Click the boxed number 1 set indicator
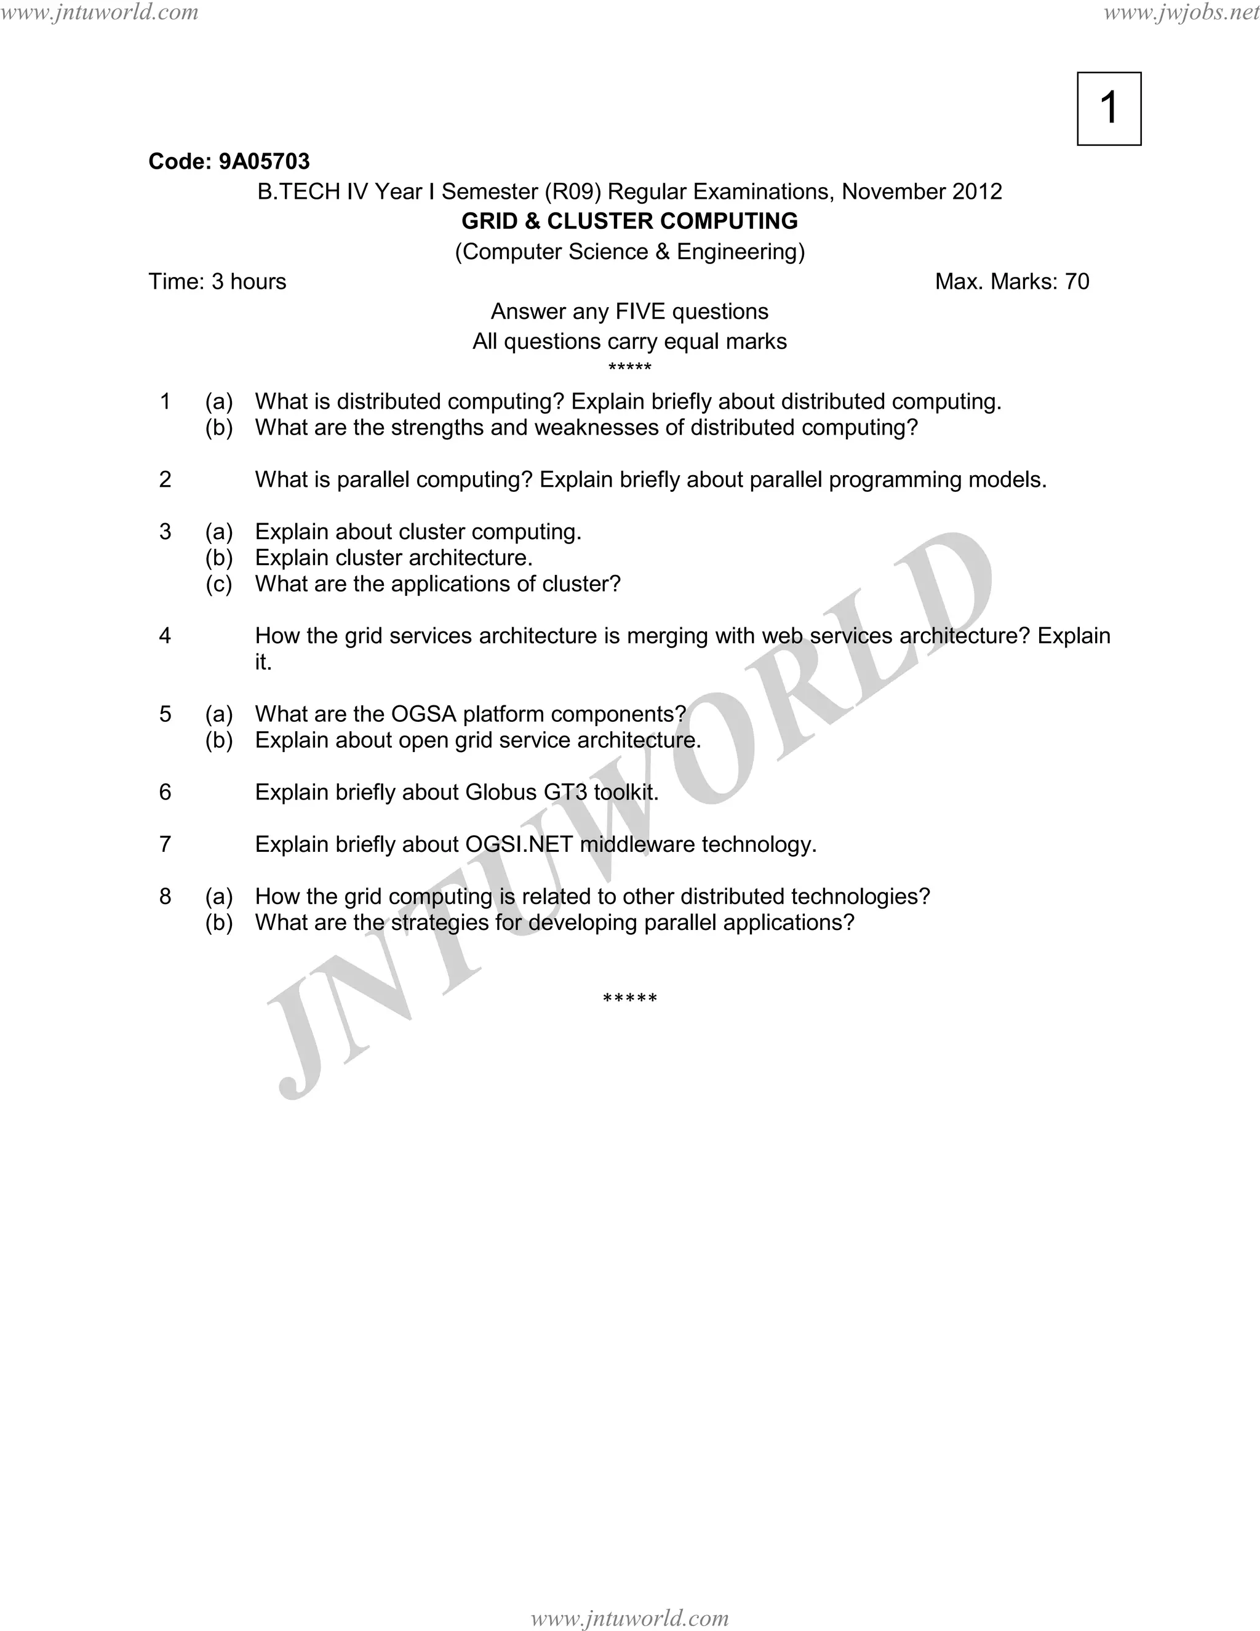click(1109, 108)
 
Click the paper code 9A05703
click(263, 161)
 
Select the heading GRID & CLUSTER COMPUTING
click(629, 221)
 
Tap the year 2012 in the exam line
click(977, 192)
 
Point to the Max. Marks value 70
click(1077, 281)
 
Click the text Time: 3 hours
click(217, 281)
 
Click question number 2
click(165, 479)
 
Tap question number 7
click(165, 844)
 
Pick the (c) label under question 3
click(218, 584)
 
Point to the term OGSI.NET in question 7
click(519, 844)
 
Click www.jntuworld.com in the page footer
click(629, 1617)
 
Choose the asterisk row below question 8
click(629, 998)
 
